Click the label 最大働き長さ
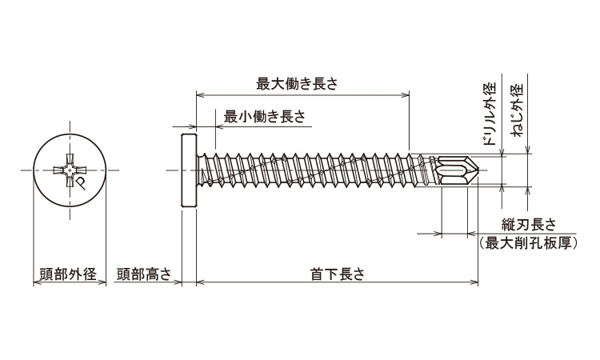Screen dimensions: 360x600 [297, 83]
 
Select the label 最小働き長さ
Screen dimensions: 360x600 [264, 116]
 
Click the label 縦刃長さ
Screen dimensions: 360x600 [529, 225]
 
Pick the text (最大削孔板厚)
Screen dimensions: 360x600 [528, 243]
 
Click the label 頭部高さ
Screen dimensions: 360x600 [143, 274]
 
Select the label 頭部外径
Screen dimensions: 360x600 [68, 274]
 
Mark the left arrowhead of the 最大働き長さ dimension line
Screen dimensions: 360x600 [200, 94]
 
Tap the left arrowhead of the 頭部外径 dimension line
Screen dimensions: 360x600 [36, 283]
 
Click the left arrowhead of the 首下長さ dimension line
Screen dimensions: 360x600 [200, 283]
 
